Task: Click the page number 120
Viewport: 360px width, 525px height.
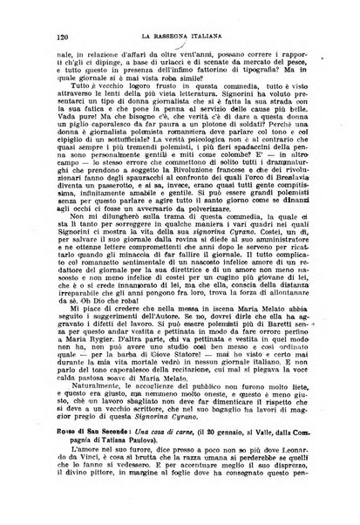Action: [62, 37]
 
